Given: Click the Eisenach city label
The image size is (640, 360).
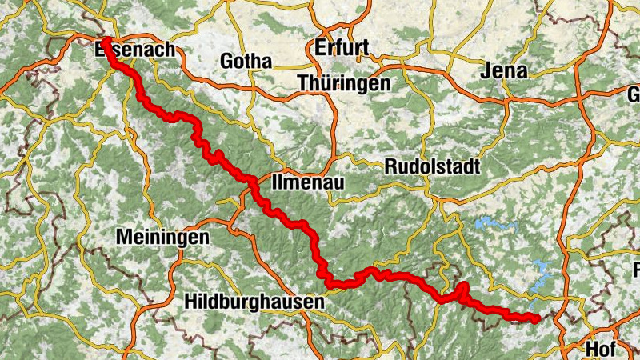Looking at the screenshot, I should (134, 50).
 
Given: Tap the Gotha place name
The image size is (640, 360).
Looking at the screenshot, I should (246, 62).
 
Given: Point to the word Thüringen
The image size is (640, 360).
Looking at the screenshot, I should (344, 83).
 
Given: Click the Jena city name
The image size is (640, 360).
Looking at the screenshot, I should (505, 71).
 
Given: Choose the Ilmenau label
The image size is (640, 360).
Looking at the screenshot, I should (308, 182).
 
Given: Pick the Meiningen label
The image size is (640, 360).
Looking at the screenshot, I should (162, 238).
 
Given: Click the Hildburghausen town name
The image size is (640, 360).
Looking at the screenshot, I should (254, 302).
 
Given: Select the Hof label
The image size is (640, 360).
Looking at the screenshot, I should (601, 349).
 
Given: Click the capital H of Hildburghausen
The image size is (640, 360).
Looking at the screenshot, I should (190, 302).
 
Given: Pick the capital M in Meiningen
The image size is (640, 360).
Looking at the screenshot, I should (123, 238).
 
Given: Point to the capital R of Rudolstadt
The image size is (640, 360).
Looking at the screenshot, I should (390, 167).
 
